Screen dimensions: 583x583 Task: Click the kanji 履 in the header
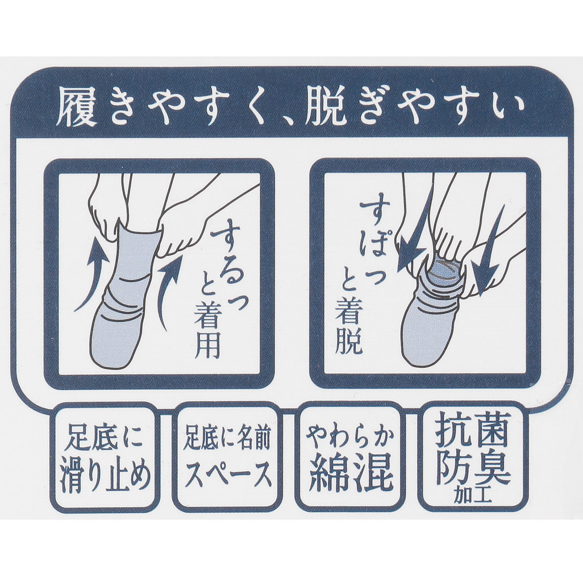tap(76, 106)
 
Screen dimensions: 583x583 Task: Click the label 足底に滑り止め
tap(105, 459)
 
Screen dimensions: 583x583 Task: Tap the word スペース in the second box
tap(227, 474)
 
